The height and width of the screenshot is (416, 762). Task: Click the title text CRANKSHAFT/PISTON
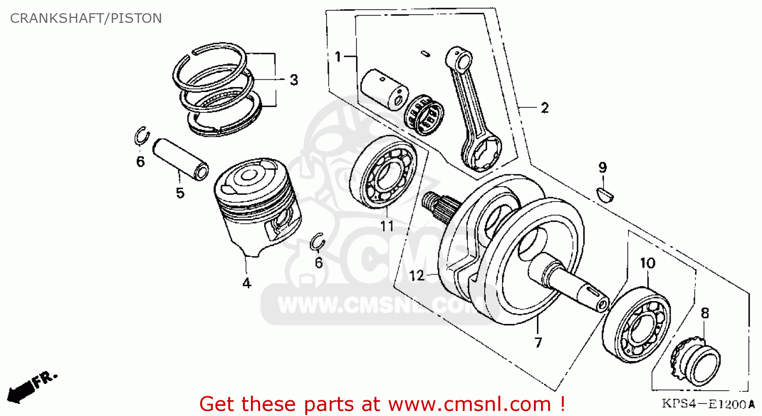click(86, 18)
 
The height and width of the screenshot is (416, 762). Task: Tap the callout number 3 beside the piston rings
click(294, 80)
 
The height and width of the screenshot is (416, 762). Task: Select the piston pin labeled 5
click(181, 158)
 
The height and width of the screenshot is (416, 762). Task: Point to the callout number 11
click(387, 225)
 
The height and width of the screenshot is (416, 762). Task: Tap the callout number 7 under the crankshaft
click(538, 342)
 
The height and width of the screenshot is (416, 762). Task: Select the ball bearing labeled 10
click(637, 325)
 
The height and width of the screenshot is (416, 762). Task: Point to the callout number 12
click(416, 276)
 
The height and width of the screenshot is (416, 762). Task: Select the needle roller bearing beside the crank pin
click(424, 114)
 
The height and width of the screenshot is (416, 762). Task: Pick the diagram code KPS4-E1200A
click(704, 404)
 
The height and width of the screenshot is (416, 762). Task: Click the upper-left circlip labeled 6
click(141, 136)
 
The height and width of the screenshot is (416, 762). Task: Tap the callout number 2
click(545, 108)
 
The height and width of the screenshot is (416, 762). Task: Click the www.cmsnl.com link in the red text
click(469, 404)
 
